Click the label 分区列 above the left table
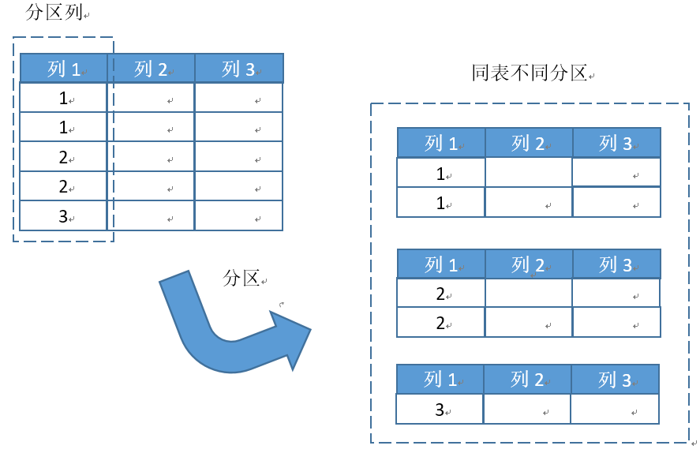(54, 13)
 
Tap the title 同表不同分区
(530, 73)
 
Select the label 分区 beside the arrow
(241, 278)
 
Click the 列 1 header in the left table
(63, 69)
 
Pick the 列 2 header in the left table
(151, 69)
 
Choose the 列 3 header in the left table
(238, 69)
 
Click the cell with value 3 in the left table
(63, 216)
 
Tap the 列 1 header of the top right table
(440, 143)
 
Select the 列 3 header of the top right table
(616, 143)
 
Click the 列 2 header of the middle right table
(528, 264)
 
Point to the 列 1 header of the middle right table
(440, 264)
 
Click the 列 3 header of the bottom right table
(614, 380)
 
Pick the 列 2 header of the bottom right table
(526, 380)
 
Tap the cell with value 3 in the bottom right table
(440, 410)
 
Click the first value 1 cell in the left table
(63, 99)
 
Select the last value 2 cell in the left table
(63, 187)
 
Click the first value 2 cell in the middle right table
(440, 294)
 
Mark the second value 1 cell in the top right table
(440, 203)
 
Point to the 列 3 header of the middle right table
(616, 264)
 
